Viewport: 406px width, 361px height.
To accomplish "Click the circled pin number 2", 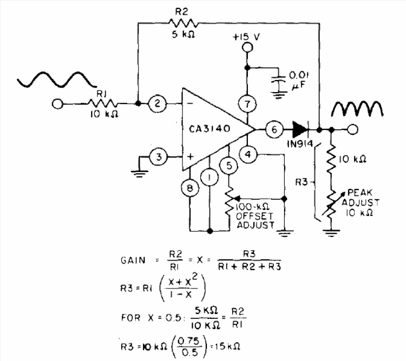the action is click(157, 103).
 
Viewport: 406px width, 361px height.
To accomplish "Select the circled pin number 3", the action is click(159, 156).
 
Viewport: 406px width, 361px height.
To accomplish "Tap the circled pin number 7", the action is click(247, 104).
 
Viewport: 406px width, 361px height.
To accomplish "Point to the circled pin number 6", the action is click(274, 129).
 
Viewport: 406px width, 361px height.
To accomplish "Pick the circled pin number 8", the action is click(190, 188).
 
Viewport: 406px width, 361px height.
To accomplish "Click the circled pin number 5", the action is click(229, 165).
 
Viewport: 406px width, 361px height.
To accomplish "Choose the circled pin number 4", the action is click(248, 154).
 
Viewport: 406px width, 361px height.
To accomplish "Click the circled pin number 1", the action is click(209, 178).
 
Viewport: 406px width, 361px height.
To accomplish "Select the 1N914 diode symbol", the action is click(301, 129).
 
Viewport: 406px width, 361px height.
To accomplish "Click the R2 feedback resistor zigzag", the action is click(184, 23).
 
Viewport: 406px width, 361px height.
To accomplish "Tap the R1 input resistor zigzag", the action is click(102, 103).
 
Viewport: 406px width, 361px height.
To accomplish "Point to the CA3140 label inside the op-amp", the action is click(209, 129).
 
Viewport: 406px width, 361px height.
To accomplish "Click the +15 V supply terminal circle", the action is click(247, 48).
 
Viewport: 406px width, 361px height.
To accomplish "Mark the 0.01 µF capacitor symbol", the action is click(278, 82).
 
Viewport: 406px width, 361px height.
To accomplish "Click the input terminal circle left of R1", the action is click(57, 104).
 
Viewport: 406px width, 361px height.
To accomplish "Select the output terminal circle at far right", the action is click(352, 129).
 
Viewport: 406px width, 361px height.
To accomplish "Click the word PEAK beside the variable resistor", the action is click(359, 193).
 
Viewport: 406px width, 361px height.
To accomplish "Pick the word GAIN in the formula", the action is click(133, 260).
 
